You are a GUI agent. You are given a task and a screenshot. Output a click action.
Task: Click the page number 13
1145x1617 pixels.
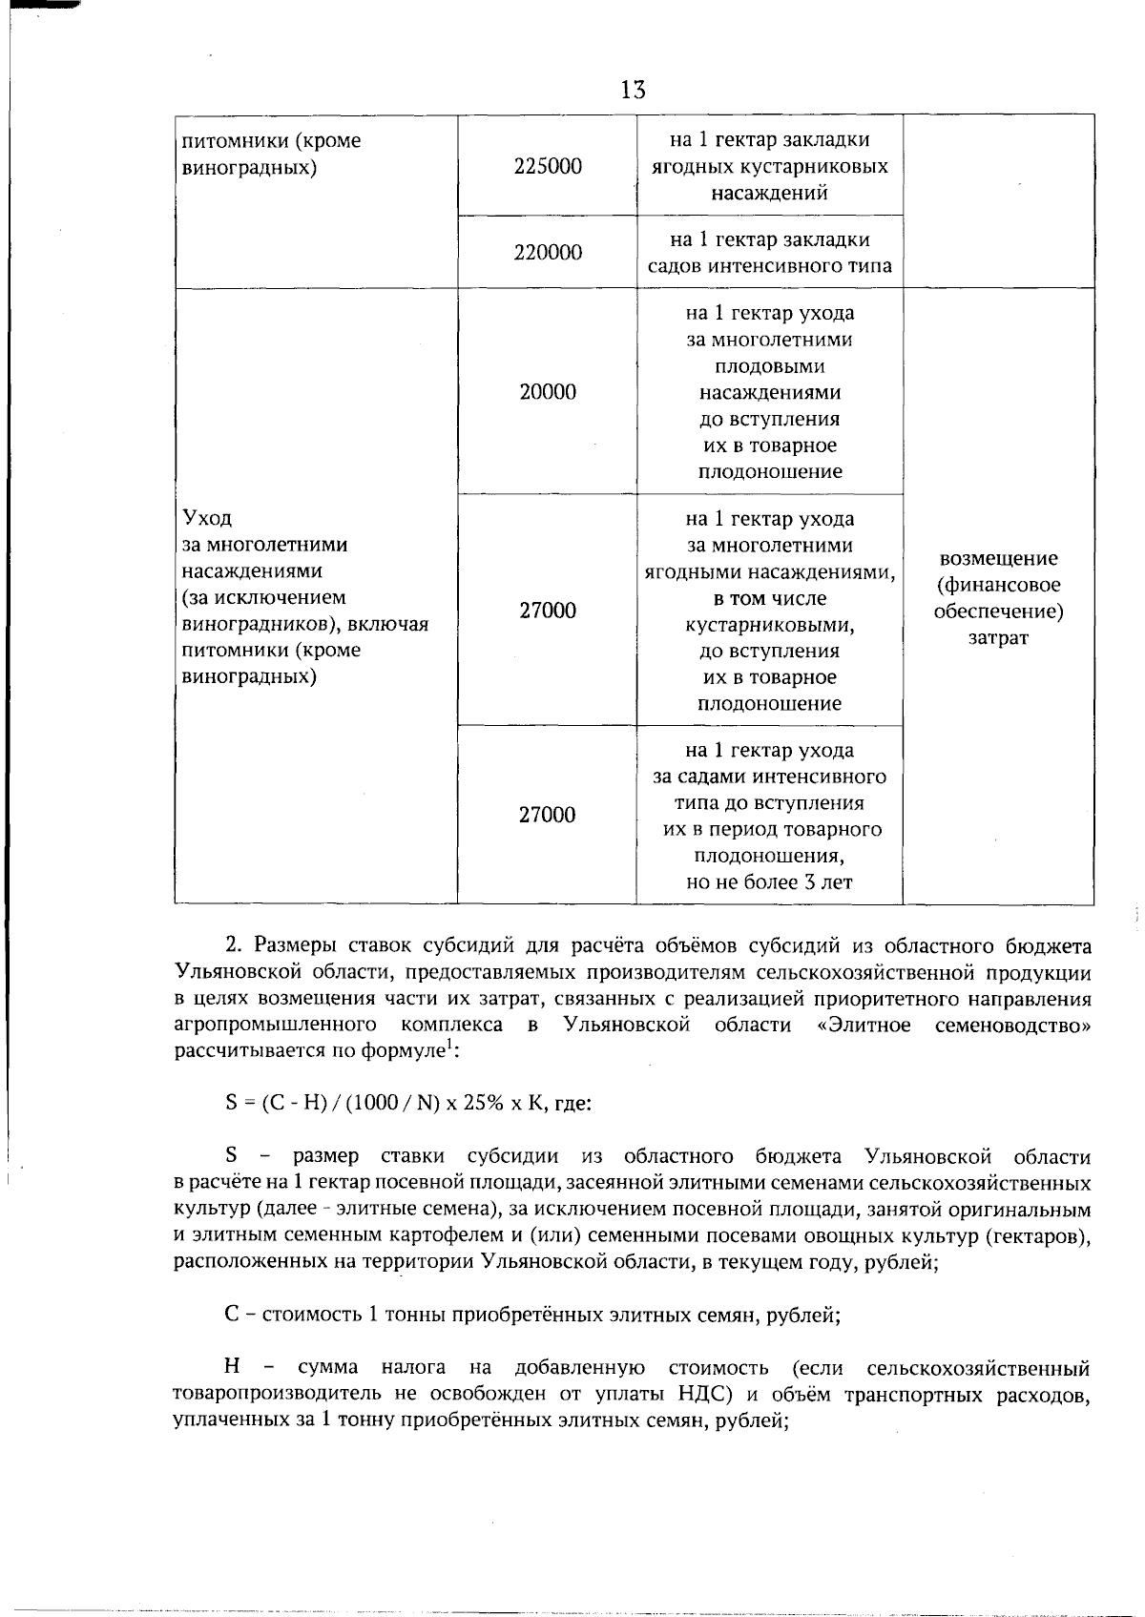633,90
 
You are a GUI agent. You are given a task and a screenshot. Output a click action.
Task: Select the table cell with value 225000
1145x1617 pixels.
547,166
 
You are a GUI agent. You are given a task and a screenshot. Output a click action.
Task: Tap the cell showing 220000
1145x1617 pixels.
547,253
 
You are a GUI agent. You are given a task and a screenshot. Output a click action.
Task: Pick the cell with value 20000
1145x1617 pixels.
547,392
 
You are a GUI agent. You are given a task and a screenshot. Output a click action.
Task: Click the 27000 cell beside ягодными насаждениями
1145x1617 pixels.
547,611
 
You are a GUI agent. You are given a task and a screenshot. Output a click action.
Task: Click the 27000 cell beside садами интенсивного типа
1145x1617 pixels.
547,815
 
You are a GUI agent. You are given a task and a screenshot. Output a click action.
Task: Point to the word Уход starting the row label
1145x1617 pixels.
207,518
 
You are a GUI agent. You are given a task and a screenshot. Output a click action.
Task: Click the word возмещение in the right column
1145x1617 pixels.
998,559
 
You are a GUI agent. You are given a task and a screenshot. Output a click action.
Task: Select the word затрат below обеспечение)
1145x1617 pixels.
998,638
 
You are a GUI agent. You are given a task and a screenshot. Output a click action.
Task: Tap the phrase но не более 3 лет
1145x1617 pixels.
769,882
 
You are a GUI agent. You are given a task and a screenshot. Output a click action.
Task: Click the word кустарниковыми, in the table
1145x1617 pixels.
769,626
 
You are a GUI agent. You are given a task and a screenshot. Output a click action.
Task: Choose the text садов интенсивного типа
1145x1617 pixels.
769,266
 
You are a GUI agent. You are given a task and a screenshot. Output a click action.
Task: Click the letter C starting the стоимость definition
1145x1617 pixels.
231,1316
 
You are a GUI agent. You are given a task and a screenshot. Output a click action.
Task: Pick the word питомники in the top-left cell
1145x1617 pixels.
229,141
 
